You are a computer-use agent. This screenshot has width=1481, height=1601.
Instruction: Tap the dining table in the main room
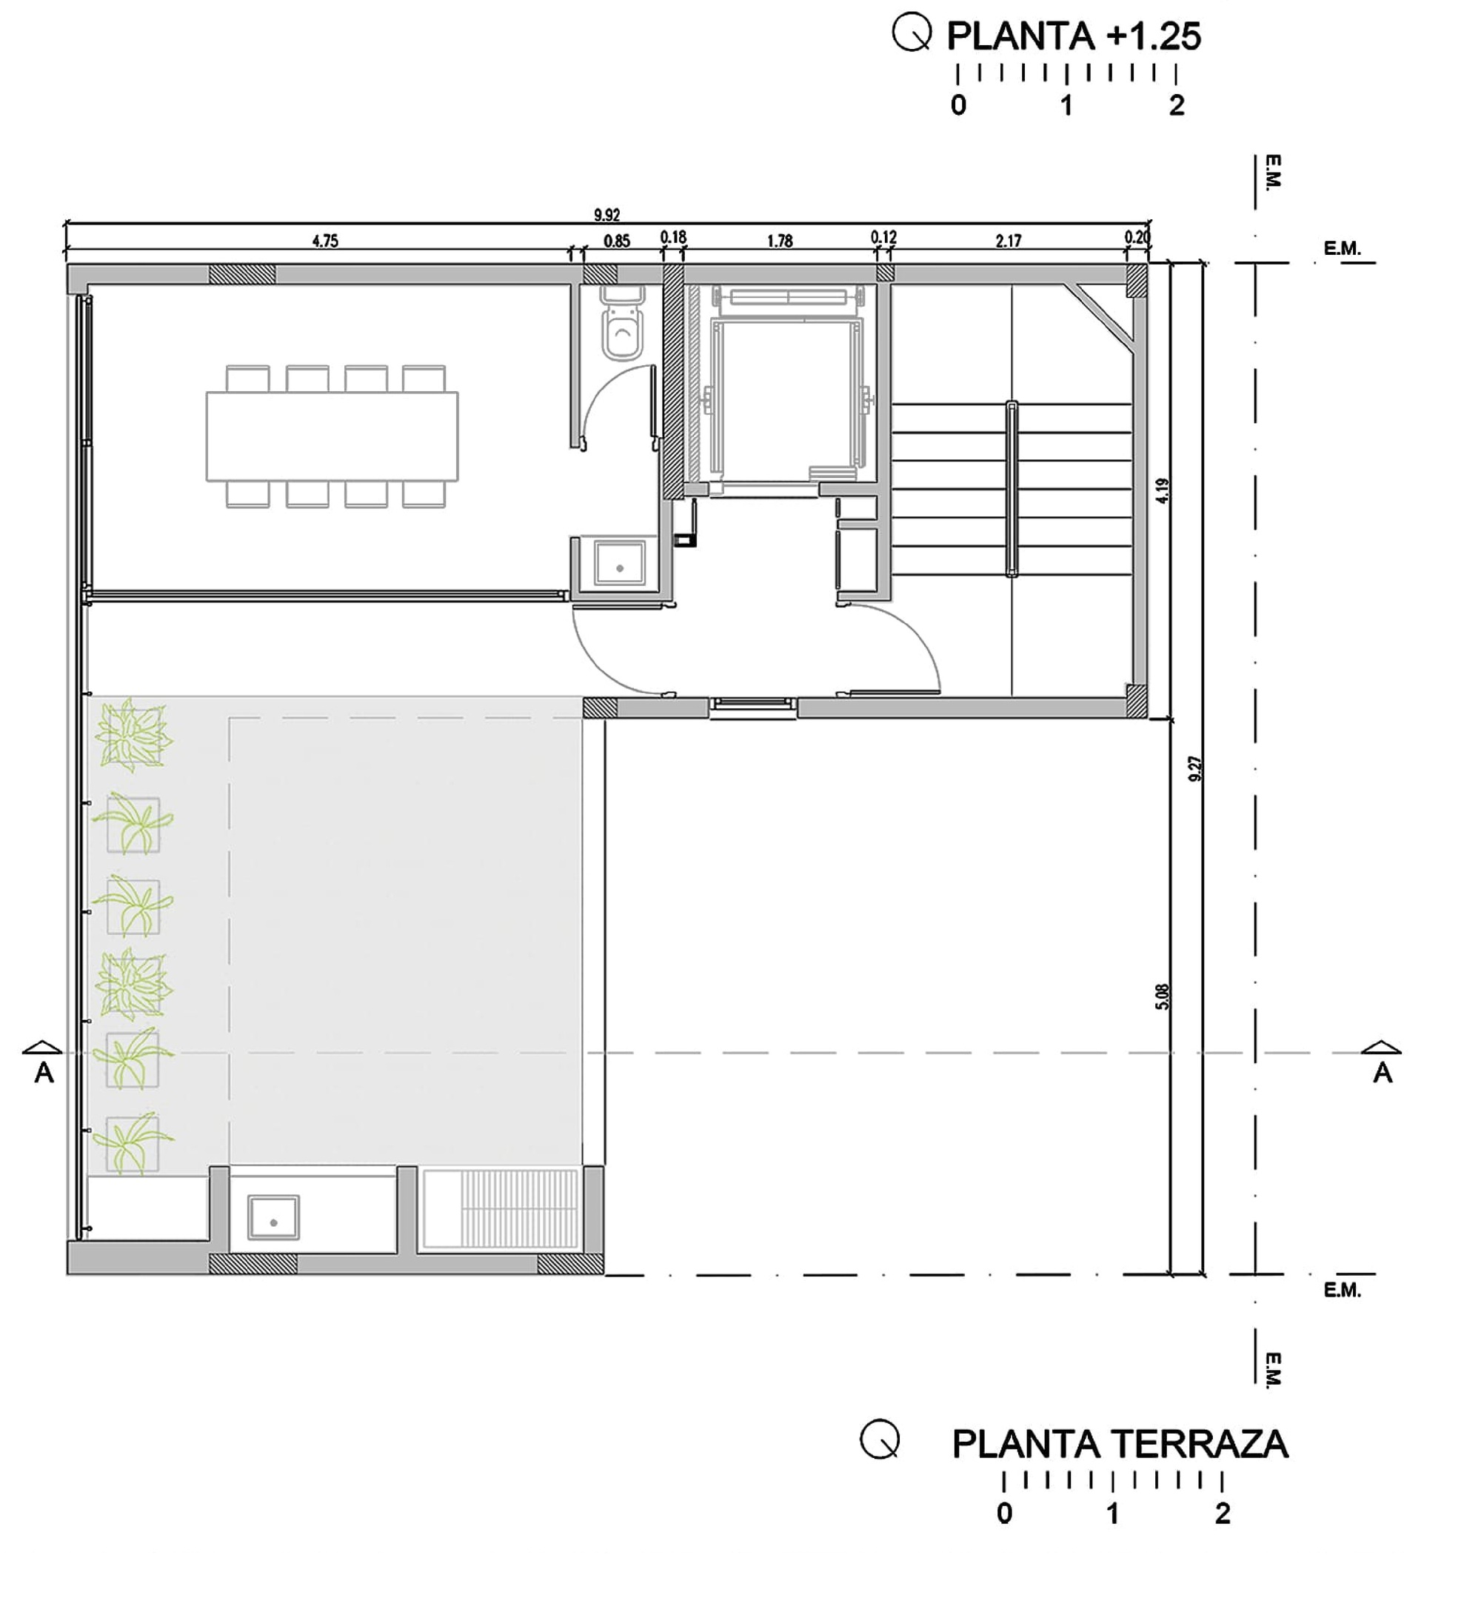click(x=332, y=436)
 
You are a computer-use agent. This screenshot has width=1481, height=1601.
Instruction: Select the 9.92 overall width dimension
click(x=606, y=215)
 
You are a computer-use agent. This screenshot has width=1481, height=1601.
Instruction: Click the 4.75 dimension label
click(x=324, y=241)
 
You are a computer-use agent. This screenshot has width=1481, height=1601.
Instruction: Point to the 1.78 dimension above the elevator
click(x=779, y=241)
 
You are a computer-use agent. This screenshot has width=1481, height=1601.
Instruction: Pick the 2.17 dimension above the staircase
click(x=1008, y=241)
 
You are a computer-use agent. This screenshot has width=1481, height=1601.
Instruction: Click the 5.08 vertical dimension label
click(x=1162, y=996)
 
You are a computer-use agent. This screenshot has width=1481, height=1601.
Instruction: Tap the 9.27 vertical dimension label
click(x=1195, y=768)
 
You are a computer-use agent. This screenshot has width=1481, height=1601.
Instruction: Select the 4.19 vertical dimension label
click(x=1162, y=490)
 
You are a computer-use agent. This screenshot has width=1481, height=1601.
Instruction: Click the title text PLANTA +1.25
click(x=1073, y=36)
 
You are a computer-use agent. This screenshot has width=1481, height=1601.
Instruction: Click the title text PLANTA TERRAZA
click(x=1120, y=1445)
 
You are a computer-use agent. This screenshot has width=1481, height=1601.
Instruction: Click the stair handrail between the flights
click(x=1012, y=489)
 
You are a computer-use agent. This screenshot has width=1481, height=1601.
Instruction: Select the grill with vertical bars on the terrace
click(x=501, y=1208)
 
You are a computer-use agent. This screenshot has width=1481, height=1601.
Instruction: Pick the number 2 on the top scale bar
click(x=1176, y=105)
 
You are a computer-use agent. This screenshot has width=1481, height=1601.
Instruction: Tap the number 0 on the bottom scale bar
click(x=1004, y=1514)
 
